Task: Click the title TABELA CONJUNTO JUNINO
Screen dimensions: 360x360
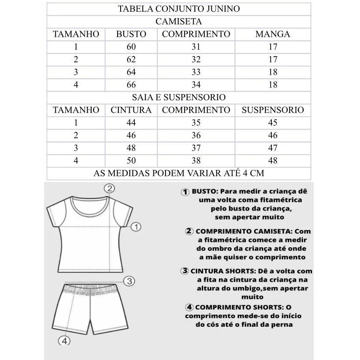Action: (x=179, y=9)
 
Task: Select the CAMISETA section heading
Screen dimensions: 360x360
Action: (x=179, y=22)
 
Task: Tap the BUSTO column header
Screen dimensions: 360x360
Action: (x=131, y=34)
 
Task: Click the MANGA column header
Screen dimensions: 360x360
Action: (x=273, y=34)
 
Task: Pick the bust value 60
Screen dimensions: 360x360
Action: (x=131, y=47)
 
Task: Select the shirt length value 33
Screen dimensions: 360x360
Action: (x=196, y=72)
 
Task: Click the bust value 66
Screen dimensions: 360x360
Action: (x=131, y=85)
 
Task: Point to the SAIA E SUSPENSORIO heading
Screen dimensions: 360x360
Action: (x=179, y=98)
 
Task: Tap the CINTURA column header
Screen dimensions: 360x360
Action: (x=131, y=110)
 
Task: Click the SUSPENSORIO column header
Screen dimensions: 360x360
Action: (x=273, y=110)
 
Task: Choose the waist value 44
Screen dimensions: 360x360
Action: (x=131, y=123)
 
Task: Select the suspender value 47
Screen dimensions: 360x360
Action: (x=273, y=148)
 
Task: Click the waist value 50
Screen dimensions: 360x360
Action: (x=131, y=161)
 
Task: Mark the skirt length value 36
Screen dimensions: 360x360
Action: (x=196, y=135)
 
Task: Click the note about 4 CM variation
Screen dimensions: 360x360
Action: (x=179, y=173)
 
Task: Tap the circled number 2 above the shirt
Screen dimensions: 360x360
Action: (x=110, y=188)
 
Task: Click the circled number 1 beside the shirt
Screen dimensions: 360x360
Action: (x=136, y=226)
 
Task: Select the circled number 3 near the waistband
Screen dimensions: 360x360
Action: (x=129, y=281)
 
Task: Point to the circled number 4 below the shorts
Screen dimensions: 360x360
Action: (x=64, y=341)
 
